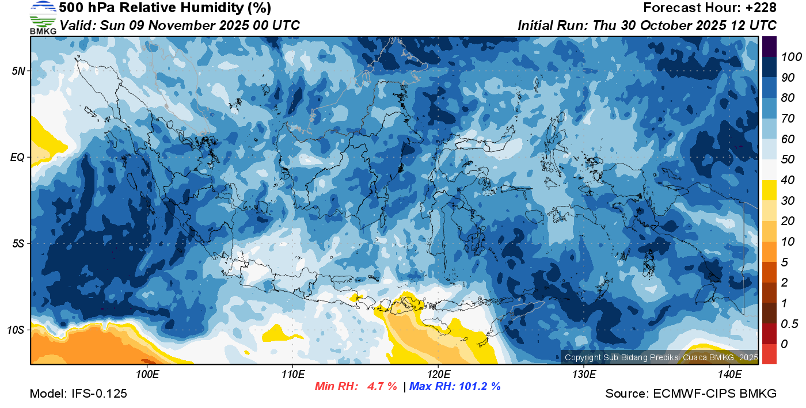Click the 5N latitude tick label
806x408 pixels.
[18, 71]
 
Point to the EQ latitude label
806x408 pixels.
[18, 157]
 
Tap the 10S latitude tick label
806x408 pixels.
[16, 330]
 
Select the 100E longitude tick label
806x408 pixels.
[147, 374]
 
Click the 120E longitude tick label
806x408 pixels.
[438, 374]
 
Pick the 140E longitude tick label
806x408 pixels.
[729, 374]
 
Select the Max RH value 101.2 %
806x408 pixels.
[477, 386]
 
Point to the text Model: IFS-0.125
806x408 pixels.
[78, 394]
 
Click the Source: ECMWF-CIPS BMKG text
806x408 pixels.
[691, 394]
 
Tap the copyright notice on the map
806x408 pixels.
[660, 357]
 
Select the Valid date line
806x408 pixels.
[180, 25]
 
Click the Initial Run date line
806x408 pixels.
[647, 25]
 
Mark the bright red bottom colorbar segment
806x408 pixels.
[769, 353]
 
